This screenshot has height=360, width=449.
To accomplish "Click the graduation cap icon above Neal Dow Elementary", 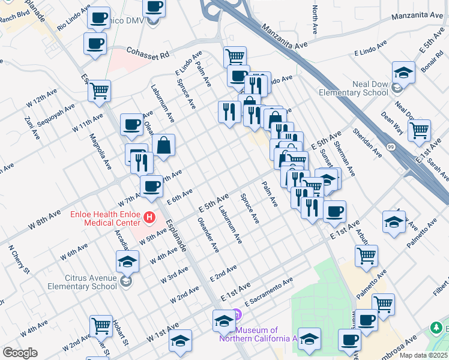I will (x=404, y=73).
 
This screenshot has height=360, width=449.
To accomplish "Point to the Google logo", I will (x=20, y=353).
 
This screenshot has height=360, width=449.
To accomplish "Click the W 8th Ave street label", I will (x=44, y=221).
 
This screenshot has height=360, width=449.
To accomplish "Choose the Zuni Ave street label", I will (x=28, y=128).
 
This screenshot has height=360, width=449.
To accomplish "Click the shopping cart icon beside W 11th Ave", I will (x=99, y=91).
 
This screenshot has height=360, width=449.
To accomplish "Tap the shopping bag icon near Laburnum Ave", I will (x=163, y=145).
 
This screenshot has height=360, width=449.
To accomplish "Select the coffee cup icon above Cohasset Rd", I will (x=96, y=43).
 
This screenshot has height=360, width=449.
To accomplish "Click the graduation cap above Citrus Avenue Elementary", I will (x=127, y=261).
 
